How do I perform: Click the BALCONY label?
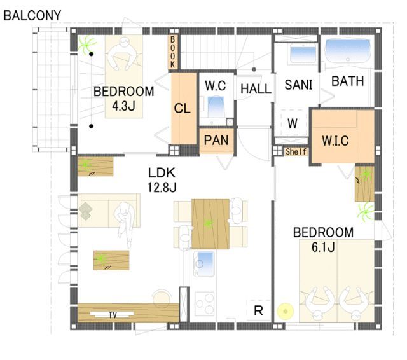32,15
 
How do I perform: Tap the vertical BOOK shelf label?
172,52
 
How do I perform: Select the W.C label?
215,86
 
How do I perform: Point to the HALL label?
256,89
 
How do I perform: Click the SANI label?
298,85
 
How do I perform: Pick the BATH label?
348,81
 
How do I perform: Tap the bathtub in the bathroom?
348,51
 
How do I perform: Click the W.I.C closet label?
335,141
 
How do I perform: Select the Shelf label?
296,151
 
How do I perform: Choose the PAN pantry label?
216,141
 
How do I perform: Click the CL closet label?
183,108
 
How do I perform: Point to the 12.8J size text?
162,187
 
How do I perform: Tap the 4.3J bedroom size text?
123,106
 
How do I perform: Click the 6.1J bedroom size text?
323,247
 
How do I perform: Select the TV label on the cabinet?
113,315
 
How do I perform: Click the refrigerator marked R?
258,310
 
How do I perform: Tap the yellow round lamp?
286,311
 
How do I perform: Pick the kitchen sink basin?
205,263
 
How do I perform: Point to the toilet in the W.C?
216,107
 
